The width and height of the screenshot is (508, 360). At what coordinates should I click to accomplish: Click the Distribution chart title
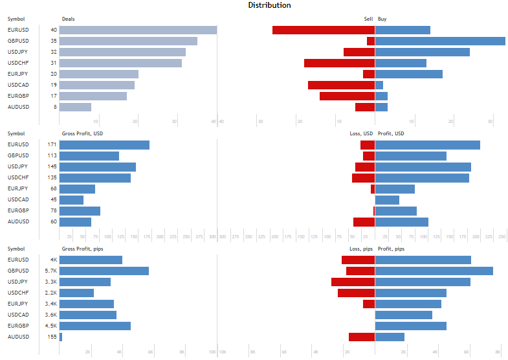click(x=269, y=5)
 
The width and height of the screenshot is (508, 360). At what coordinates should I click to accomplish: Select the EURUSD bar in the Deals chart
click(x=138, y=30)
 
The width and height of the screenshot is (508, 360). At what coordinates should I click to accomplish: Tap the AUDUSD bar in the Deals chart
click(x=75, y=107)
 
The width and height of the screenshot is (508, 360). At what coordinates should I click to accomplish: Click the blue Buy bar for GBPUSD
click(x=440, y=41)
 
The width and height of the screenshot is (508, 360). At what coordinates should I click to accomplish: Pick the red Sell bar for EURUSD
click(x=324, y=30)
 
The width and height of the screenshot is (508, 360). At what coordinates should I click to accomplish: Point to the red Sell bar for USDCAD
click(x=341, y=85)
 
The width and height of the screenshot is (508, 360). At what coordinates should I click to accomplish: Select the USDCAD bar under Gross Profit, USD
click(x=71, y=199)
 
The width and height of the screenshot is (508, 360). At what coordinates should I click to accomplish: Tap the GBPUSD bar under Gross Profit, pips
click(x=104, y=271)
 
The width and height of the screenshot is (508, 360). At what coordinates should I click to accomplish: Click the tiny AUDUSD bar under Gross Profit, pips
click(x=61, y=337)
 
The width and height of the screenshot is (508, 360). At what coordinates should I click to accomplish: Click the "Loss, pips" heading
click(x=360, y=249)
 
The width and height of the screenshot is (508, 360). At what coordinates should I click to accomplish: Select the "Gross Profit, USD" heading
click(x=82, y=133)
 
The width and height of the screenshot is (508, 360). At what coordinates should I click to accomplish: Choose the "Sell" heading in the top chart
click(x=368, y=19)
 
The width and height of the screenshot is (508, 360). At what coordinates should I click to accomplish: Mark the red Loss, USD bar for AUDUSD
click(x=364, y=221)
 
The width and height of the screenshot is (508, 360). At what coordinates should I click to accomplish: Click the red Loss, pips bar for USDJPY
click(x=353, y=282)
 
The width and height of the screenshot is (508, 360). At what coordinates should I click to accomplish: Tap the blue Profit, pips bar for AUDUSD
click(x=390, y=337)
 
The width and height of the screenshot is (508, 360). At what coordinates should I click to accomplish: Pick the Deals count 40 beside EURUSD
click(x=53, y=30)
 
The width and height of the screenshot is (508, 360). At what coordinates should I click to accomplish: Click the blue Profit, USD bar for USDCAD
click(x=387, y=199)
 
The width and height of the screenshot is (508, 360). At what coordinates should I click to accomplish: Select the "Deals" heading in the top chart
click(x=68, y=19)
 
